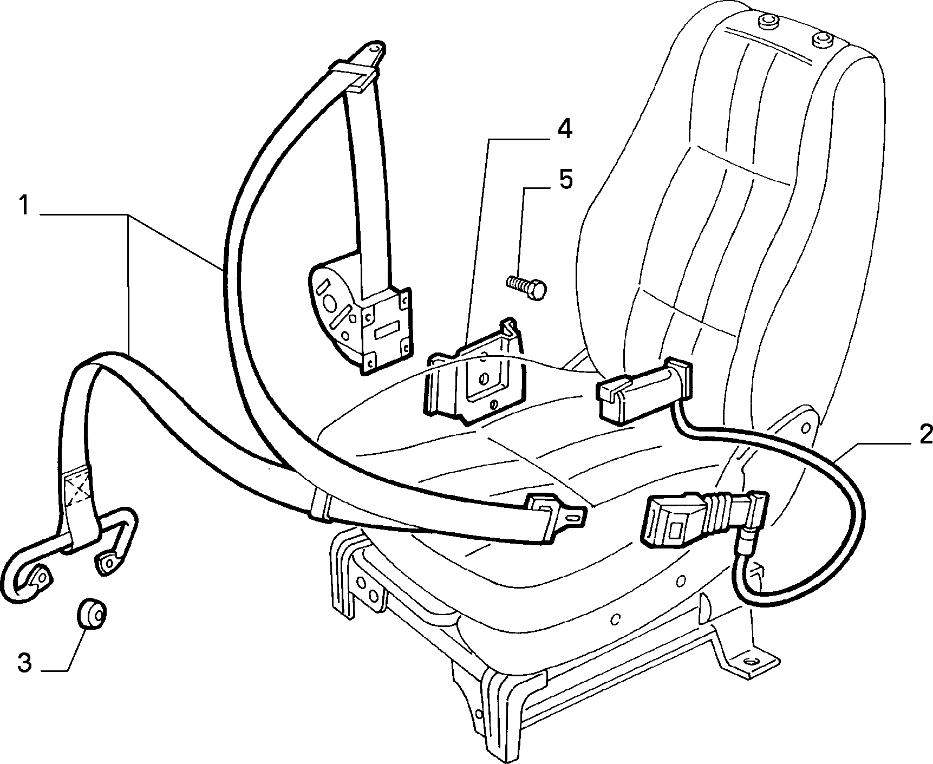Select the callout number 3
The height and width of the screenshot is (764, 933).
click(x=25, y=664)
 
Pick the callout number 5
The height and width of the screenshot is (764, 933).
click(x=565, y=179)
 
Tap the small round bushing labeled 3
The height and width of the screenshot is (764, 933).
click(x=91, y=615)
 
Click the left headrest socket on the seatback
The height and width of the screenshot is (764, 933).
click(x=767, y=22)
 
